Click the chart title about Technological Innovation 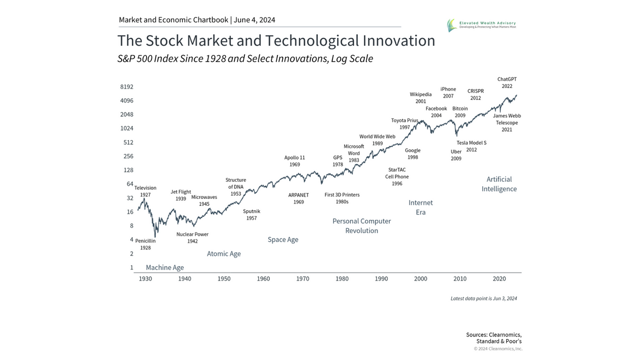pyautogui.click(x=276, y=41)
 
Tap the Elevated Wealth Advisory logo pyautogui.click(x=482, y=25)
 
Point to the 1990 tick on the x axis pyautogui.click(x=381, y=278)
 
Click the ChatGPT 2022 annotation pyautogui.click(x=507, y=83)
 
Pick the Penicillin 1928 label pyautogui.click(x=146, y=244)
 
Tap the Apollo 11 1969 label pyautogui.click(x=295, y=161)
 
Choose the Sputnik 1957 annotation pyautogui.click(x=252, y=215)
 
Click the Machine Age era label pyautogui.click(x=165, y=268)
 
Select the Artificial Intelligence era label pyautogui.click(x=499, y=184)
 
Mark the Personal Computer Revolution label pyautogui.click(x=362, y=226)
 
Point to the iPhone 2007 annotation pyautogui.click(x=448, y=93)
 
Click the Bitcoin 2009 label pyautogui.click(x=460, y=112)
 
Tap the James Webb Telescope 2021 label pyautogui.click(x=507, y=123)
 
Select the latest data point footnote pyautogui.click(x=483, y=299)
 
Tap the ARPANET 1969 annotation pyautogui.click(x=299, y=198)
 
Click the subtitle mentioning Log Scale pyautogui.click(x=245, y=59)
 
